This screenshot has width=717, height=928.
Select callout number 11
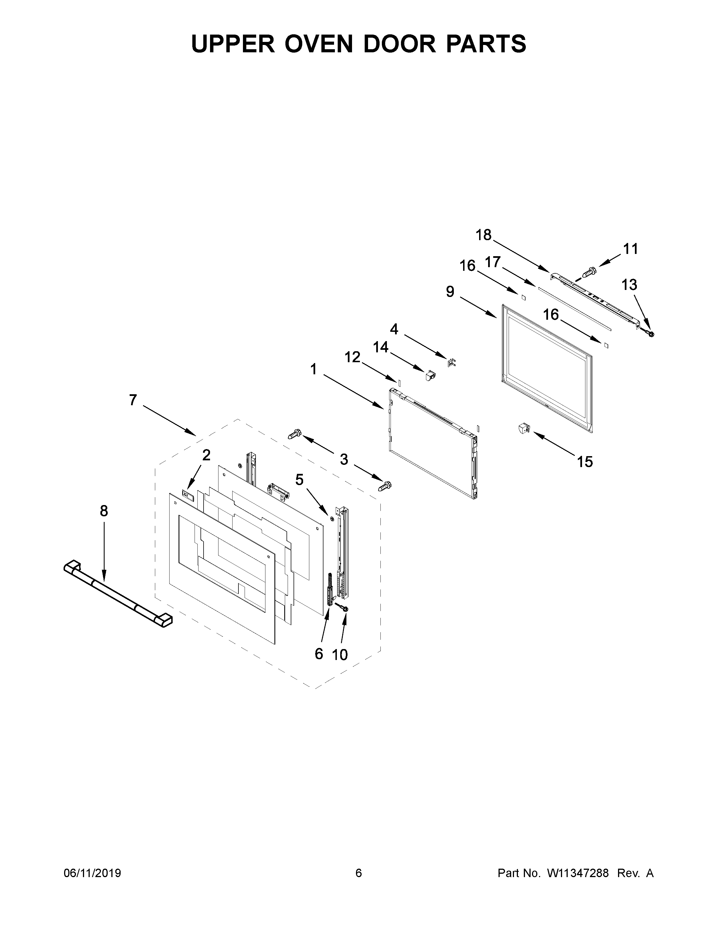pos(631,249)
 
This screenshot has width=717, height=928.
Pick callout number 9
pos(450,292)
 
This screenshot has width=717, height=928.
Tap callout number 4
pos(394,329)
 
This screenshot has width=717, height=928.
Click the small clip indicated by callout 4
pos(452,362)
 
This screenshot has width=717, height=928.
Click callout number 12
pos(352,357)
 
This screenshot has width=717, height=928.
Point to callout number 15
pos(585,461)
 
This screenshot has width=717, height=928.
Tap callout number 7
pos(133,400)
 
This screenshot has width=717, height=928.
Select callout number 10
pos(340,655)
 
